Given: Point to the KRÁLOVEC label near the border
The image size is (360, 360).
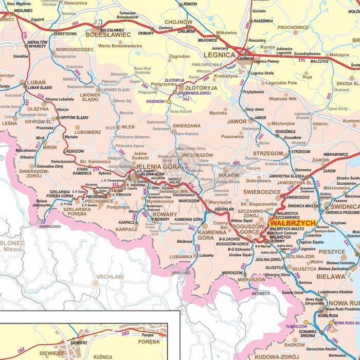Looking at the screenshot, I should pyautogui.click(x=182, y=273).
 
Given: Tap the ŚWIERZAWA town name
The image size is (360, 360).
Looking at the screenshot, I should pyautogui.click(x=187, y=125).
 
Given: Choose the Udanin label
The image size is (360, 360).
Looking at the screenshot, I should pyautogui.click(x=320, y=123).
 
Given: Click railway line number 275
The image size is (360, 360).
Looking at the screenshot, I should pyautogui.click(x=301, y=60).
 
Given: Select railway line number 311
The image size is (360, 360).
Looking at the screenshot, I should pyautogui.click(x=115, y=184).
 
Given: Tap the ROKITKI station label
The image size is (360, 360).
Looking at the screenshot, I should pyautogui.click(x=190, y=4).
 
